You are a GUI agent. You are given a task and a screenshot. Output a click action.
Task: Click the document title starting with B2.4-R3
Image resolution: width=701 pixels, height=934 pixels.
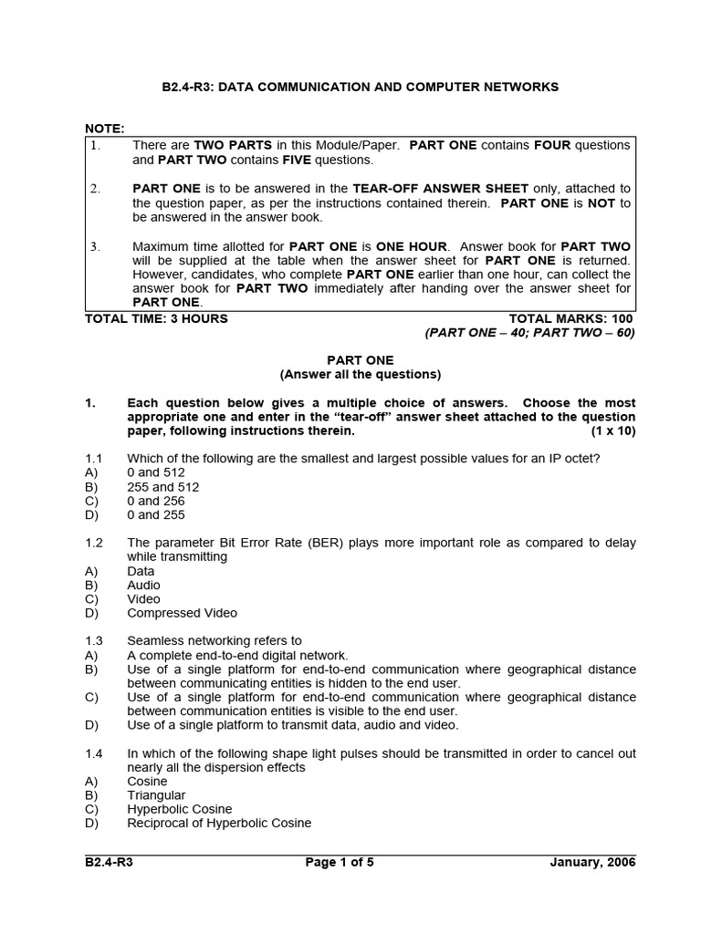[x=361, y=87]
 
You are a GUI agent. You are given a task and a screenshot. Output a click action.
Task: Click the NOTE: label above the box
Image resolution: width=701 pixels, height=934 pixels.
[x=104, y=129]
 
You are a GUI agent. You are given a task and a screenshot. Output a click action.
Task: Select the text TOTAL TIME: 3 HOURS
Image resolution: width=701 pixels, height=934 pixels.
[x=156, y=318]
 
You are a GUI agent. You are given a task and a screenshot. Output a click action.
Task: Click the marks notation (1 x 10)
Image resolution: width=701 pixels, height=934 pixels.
[x=612, y=431]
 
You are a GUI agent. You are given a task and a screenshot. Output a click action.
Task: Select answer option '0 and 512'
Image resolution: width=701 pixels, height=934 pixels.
[x=156, y=472]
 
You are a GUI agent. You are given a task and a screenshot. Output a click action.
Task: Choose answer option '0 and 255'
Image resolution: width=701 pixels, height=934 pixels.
[x=156, y=514]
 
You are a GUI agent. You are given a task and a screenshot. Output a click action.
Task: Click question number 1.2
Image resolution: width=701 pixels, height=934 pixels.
[x=94, y=543]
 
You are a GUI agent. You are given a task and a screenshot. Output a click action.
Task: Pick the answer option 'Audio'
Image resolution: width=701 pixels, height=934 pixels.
[x=143, y=585]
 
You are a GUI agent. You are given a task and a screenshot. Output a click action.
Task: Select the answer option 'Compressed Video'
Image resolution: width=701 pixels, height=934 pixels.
[x=182, y=613]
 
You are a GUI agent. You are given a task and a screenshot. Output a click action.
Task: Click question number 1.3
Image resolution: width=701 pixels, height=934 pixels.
[x=94, y=640]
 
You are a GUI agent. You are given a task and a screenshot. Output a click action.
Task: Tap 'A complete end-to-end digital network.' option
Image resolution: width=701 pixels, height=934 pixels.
[x=237, y=655]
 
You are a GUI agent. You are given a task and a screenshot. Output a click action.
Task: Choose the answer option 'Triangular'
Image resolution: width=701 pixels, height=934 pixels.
[x=156, y=795]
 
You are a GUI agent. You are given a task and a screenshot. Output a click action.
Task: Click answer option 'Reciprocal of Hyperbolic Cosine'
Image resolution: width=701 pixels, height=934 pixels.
[x=219, y=823]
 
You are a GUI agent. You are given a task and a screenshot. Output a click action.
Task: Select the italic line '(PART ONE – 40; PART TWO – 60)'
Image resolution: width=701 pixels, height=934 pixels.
[x=529, y=332]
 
